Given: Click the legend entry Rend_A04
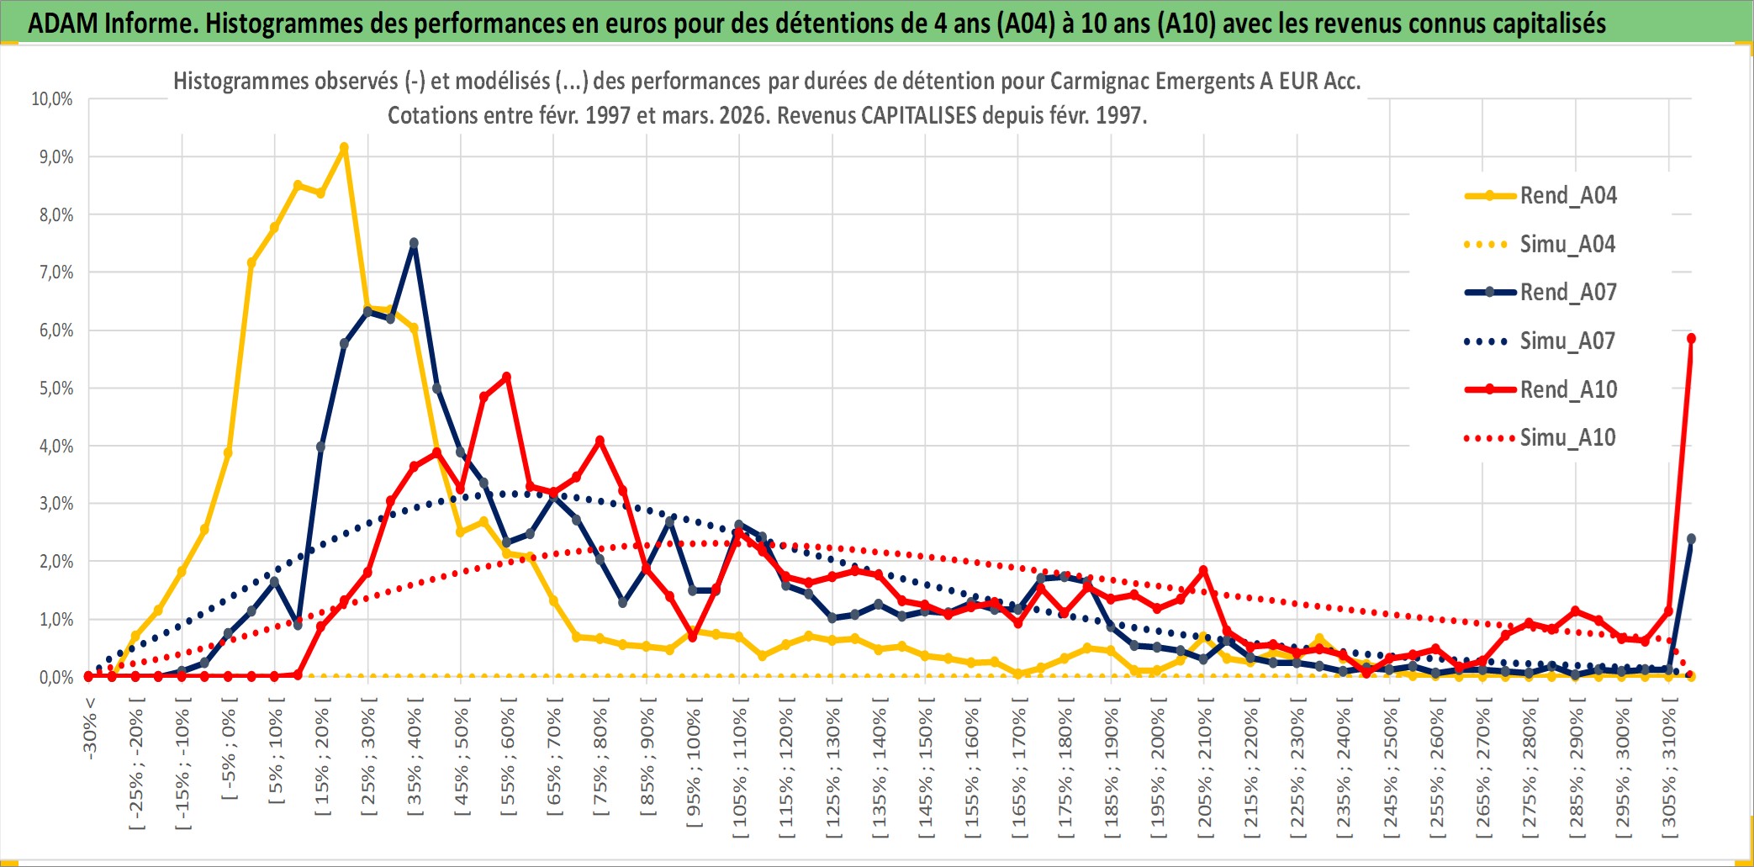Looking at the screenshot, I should coord(1567,196).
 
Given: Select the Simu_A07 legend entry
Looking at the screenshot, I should coord(1567,341).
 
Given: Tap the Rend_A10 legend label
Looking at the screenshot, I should coord(1568,389).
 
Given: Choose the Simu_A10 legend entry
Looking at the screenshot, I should coord(1567,437).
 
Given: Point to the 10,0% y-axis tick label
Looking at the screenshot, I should coord(52,99).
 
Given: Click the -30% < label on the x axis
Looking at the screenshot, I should coord(89,728).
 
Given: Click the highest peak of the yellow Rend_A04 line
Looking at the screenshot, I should coord(344,148).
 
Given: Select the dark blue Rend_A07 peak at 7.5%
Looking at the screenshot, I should coord(414,243).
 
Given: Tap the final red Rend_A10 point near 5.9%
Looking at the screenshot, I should coord(1691,339).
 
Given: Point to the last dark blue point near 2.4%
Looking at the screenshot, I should coord(1691,539).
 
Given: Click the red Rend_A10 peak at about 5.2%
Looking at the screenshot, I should coord(506,377).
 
